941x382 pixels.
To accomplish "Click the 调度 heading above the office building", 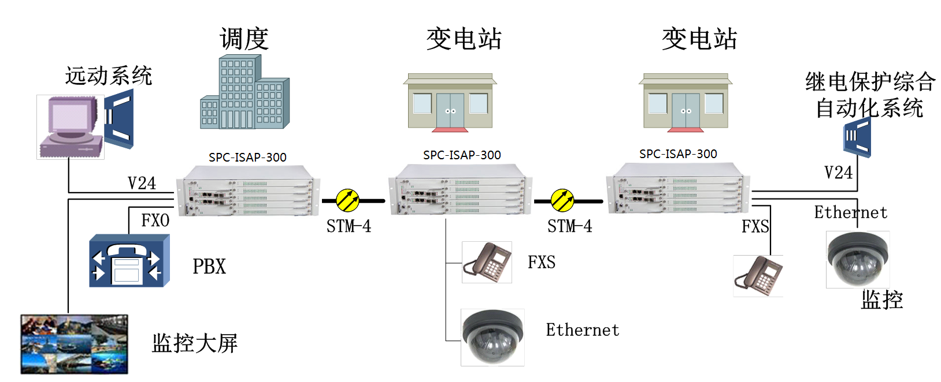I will tap(244, 39).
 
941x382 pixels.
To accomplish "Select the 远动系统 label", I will tap(109, 76).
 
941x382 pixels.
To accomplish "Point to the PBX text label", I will tap(209, 267).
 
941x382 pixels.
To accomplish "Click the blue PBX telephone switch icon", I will tap(129, 261).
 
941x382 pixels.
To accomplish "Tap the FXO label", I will tap(155, 220).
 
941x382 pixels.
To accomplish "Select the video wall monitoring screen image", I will tap(75, 344).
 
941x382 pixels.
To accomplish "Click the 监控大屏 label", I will tap(194, 343).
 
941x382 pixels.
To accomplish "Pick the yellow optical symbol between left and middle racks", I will tap(348, 200).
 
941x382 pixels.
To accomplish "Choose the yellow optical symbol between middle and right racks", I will tap(562, 200).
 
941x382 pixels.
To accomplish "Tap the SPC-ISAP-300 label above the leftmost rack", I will tap(247, 157).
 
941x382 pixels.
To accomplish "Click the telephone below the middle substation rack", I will tap(487, 263).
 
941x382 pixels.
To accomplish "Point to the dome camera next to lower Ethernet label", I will tap(492, 337).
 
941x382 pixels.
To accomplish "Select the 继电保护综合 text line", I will tap(870, 81).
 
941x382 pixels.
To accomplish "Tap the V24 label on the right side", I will tap(838, 173).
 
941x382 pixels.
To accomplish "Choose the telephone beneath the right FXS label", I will tap(758, 276).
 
